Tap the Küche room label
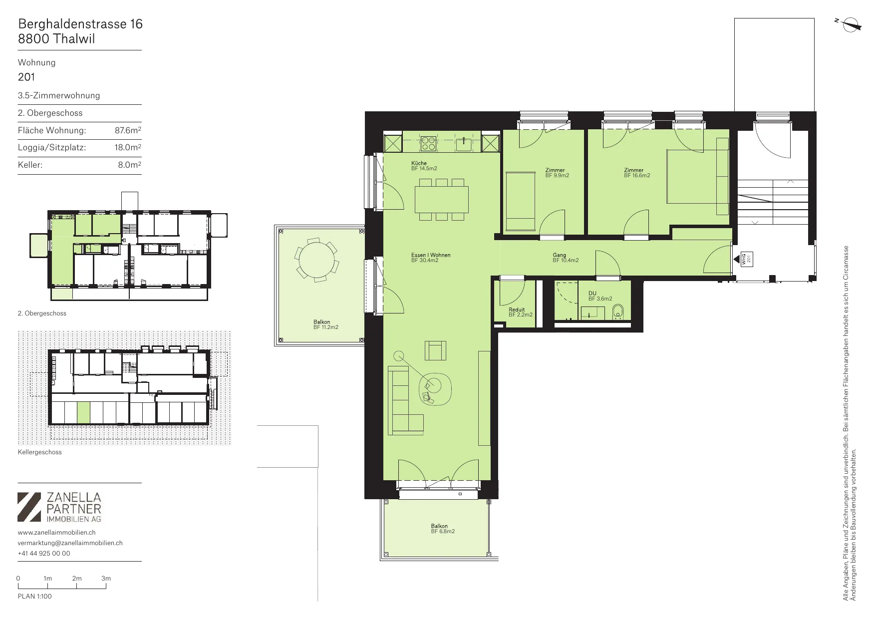coord(424,166)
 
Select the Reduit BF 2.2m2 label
coord(521,312)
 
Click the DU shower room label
coord(600,296)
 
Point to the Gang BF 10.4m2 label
coord(566,258)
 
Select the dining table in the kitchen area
coord(442,199)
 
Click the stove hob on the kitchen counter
coord(428,144)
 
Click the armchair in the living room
coord(435,350)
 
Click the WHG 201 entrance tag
coord(746,259)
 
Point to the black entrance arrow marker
coord(736,259)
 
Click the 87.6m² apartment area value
coord(128,130)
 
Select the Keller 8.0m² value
coord(130,165)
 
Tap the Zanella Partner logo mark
coord(29,507)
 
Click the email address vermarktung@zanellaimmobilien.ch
coord(70,543)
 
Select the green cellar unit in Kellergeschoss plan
coord(83,412)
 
